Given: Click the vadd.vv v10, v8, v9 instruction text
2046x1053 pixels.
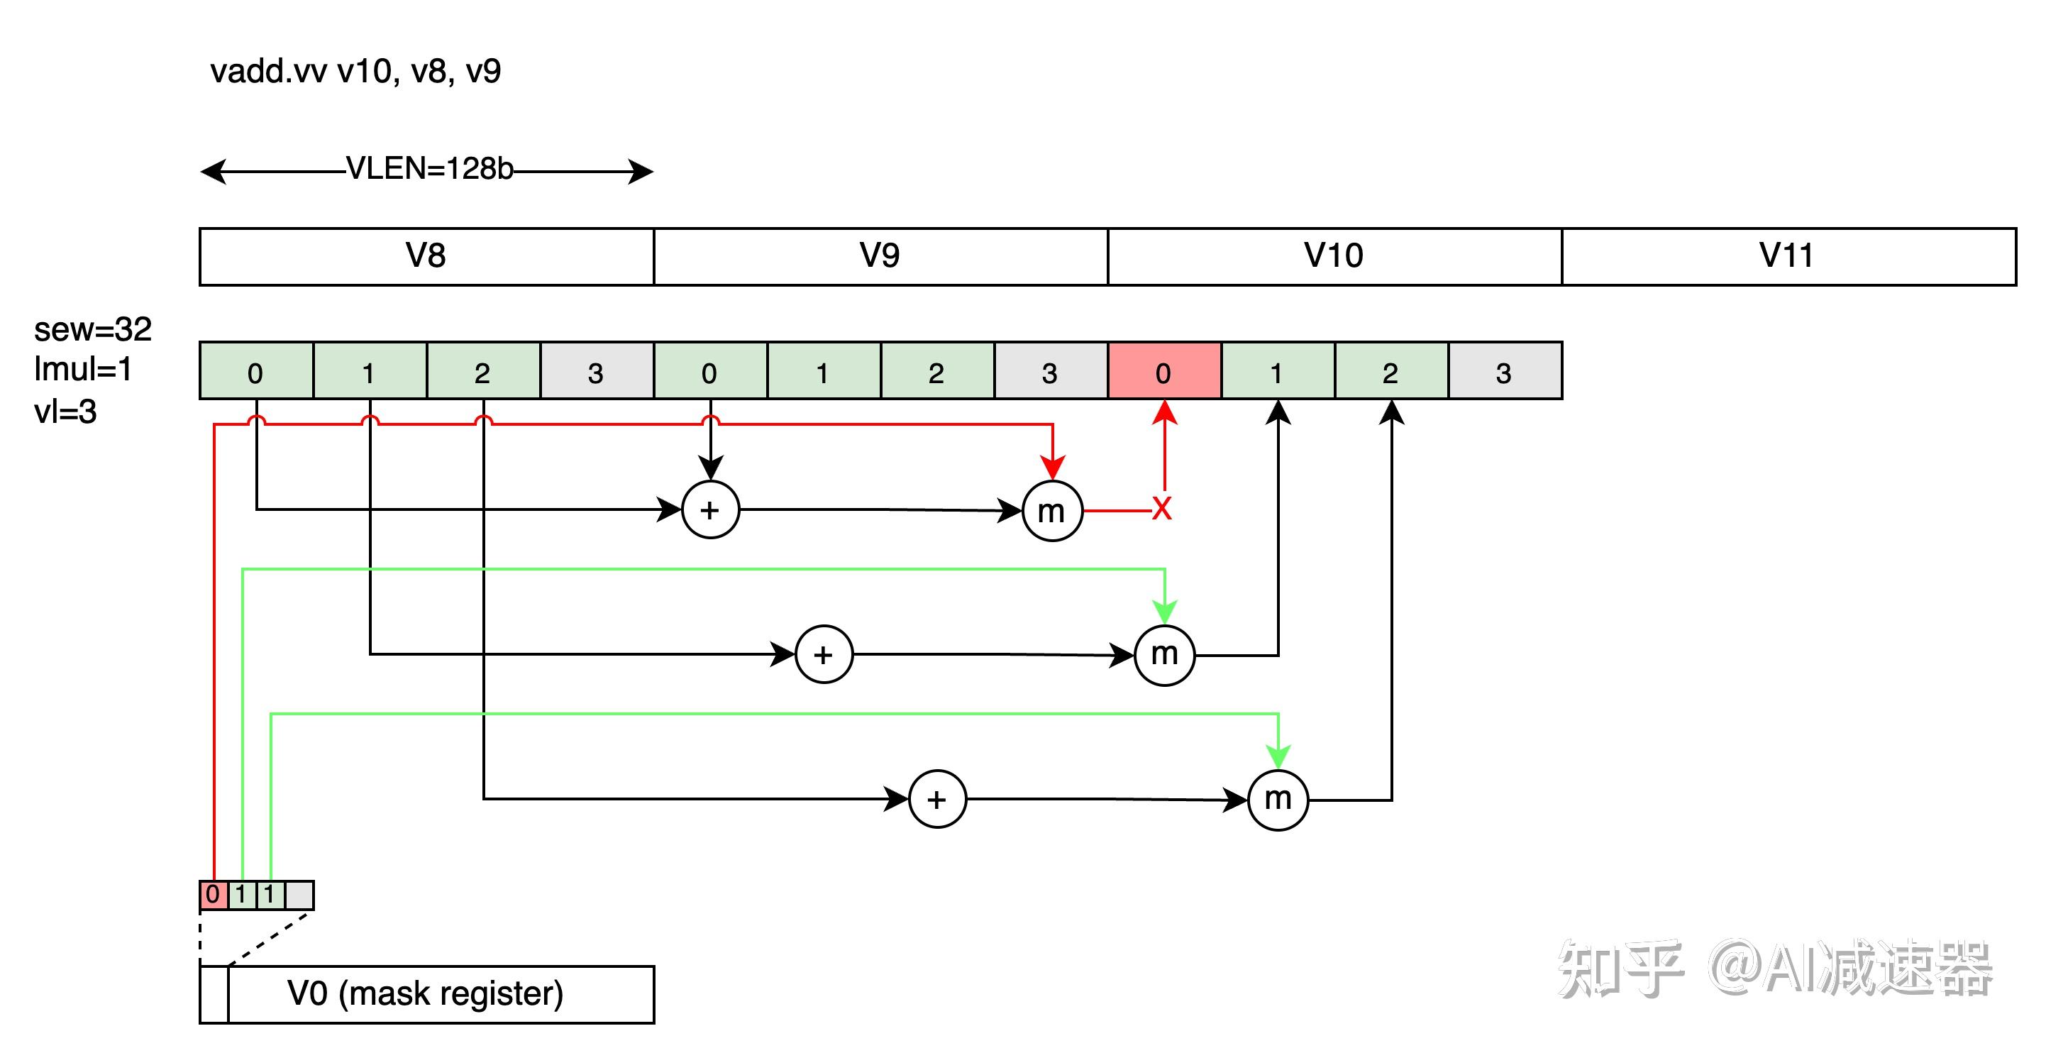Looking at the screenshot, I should click(x=355, y=72).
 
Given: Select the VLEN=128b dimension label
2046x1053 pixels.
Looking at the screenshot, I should click(x=430, y=169).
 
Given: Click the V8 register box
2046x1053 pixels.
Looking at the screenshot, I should click(x=426, y=255).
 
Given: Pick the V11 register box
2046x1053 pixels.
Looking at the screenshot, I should click(x=1788, y=255).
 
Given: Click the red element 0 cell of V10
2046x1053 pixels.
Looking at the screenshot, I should click(x=1163, y=372).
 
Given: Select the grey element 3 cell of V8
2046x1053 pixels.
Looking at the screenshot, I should click(x=597, y=372).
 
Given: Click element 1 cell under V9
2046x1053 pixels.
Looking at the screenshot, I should click(x=823, y=372).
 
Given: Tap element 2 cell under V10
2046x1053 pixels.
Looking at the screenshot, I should click(x=1390, y=372).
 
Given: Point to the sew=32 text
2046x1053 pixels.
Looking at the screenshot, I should click(x=93, y=329).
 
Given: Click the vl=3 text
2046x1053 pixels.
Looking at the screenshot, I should click(x=65, y=412).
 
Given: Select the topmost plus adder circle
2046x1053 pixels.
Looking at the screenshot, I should click(x=710, y=509).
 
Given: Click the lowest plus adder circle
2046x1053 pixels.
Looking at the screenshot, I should click(x=937, y=799).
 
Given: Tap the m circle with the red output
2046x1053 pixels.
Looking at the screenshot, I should click(x=1051, y=511).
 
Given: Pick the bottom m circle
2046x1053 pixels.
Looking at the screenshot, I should click(x=1277, y=800).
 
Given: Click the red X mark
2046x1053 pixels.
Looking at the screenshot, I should click(x=1162, y=509).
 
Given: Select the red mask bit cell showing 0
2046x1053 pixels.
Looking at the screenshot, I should click(x=213, y=895).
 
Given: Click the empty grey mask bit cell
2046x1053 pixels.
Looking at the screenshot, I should click(x=299, y=895).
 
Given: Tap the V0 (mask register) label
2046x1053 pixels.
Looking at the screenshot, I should click(x=426, y=994).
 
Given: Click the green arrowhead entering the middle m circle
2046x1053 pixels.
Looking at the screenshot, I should click(x=1164, y=612).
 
